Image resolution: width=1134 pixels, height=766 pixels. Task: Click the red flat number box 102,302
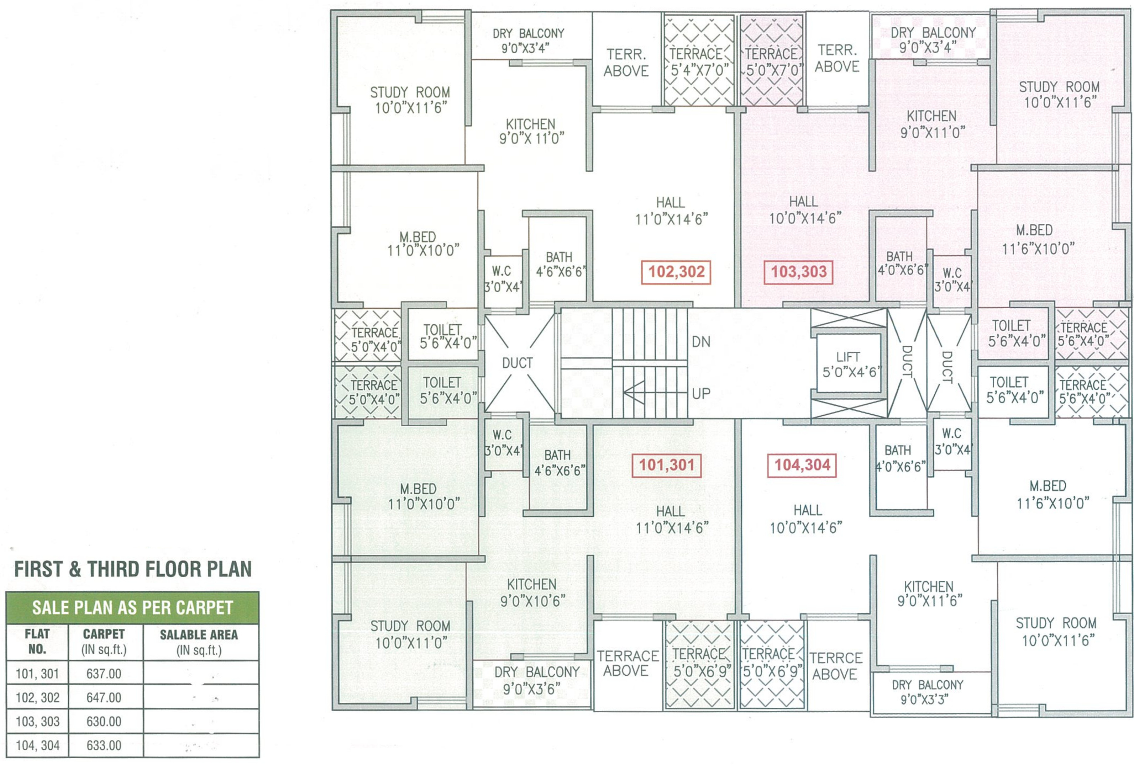pos(676,272)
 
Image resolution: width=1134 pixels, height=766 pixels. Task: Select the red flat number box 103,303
pos(798,272)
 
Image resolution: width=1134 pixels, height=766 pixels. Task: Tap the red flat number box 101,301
pos(667,465)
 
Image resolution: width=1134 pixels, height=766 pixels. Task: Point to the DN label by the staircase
pos(701,342)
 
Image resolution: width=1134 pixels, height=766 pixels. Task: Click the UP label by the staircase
pos(701,393)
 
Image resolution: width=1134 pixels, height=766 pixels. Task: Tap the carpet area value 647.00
pos(104,697)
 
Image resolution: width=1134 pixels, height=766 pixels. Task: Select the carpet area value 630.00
pos(104,721)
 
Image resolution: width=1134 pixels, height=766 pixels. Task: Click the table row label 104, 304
pos(38,745)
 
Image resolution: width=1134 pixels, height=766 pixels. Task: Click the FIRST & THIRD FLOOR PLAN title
pos(133,569)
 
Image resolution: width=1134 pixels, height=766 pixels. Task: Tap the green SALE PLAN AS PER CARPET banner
pos(132,607)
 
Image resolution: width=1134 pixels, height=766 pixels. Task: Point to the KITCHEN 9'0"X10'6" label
pos(532,592)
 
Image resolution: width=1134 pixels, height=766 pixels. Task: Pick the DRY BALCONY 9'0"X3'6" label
pos(536,680)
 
